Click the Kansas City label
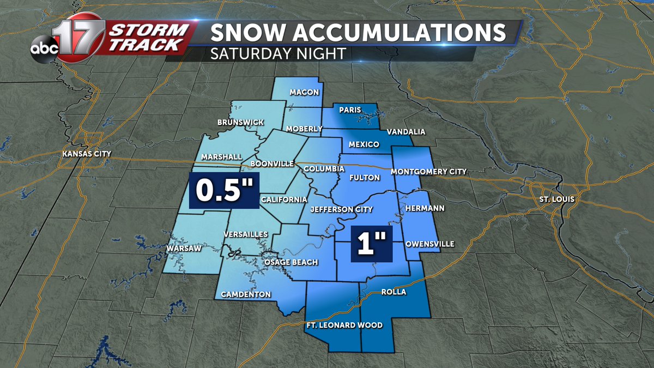point(87,154)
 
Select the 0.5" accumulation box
point(224,191)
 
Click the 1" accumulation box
point(371,244)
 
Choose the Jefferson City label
point(341,209)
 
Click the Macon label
point(304,92)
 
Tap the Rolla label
point(394,292)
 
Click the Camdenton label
point(246,294)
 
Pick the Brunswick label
point(240,122)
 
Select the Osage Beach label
point(291,262)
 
